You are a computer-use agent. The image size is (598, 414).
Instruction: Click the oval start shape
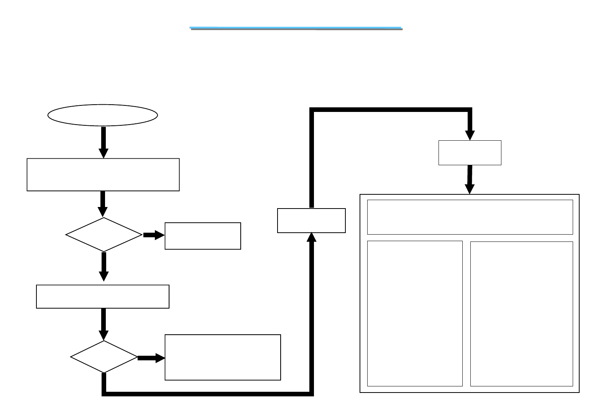click(x=102, y=115)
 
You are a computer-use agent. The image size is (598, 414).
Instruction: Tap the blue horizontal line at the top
click(x=296, y=28)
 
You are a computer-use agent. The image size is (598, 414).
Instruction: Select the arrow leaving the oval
click(x=103, y=142)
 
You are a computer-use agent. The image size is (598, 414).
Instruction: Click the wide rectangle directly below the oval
click(x=103, y=174)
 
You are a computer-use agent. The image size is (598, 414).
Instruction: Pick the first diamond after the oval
click(x=103, y=235)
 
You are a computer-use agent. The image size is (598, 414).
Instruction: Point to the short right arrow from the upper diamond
click(x=154, y=235)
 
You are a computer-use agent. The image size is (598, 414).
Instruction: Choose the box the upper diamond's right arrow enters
click(x=203, y=236)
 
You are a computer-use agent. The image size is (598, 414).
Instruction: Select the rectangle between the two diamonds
click(x=103, y=296)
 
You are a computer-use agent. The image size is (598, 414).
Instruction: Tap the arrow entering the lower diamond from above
click(x=103, y=324)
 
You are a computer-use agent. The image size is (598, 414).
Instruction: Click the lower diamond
click(x=104, y=357)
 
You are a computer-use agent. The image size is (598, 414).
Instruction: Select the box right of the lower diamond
click(x=223, y=357)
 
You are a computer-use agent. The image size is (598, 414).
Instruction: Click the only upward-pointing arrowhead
click(x=312, y=237)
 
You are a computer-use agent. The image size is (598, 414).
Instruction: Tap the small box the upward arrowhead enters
click(x=311, y=220)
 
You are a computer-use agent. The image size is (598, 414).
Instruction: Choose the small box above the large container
click(x=470, y=153)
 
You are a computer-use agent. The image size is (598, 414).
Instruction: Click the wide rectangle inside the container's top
click(x=470, y=217)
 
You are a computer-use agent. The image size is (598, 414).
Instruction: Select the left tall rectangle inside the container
click(x=415, y=313)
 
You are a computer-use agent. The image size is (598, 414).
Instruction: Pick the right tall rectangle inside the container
click(x=521, y=314)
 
